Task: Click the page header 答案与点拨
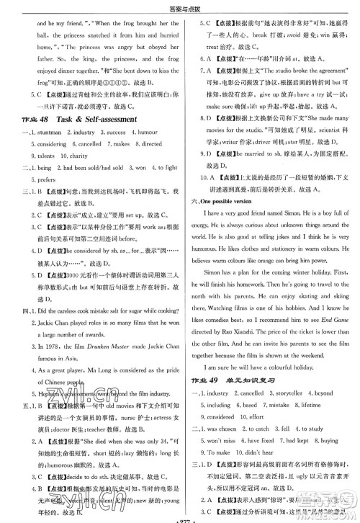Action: (x=179, y=7)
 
